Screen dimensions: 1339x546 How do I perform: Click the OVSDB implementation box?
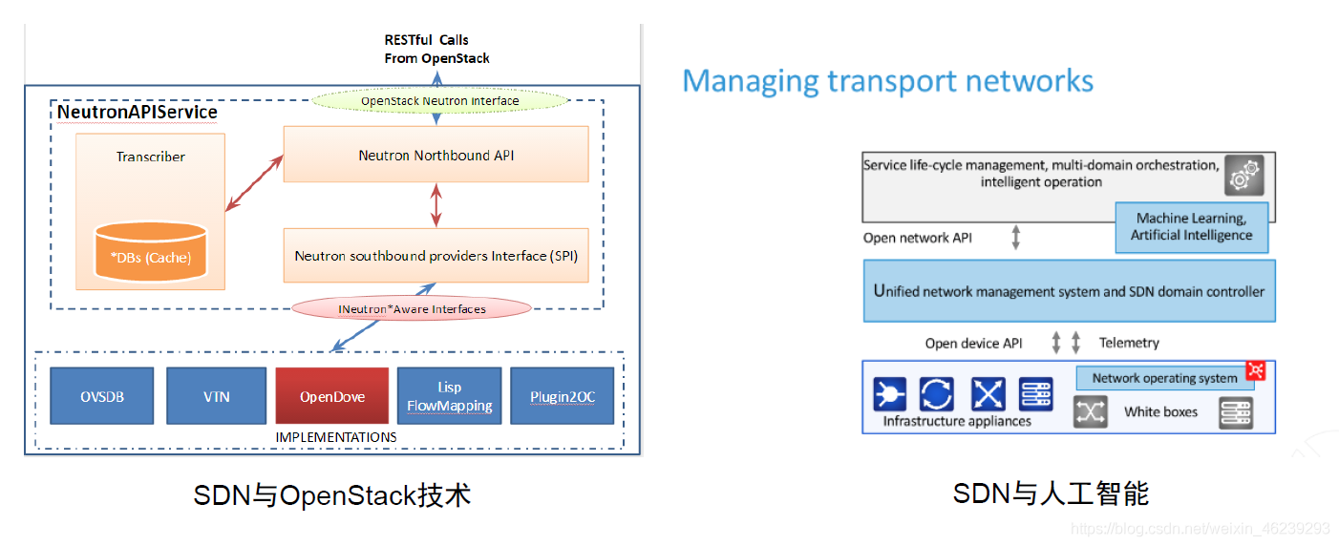[101, 396]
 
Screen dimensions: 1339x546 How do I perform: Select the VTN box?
[217, 396]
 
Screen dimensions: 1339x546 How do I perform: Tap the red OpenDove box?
[331, 396]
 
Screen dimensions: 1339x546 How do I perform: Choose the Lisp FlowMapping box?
[450, 396]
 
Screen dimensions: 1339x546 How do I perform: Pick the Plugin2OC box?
[562, 396]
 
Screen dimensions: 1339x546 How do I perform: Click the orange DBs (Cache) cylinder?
[151, 251]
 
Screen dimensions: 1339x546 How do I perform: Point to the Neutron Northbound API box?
[436, 154]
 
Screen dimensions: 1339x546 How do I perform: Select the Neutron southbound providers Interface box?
[436, 255]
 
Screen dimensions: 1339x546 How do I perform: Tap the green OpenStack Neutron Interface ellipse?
[440, 100]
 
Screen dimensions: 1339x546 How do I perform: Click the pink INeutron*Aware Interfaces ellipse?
[412, 308]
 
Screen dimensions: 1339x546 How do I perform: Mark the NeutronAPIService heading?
[137, 112]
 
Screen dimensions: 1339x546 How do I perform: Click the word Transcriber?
[151, 157]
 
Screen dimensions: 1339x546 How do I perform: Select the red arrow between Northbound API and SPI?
[436, 205]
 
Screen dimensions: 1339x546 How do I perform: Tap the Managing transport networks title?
[887, 81]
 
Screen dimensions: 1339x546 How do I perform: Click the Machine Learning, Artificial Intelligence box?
[1191, 227]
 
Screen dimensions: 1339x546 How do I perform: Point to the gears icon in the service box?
[1243, 175]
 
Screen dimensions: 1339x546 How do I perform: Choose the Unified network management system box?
[1069, 291]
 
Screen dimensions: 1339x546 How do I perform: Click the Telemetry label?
[1129, 343]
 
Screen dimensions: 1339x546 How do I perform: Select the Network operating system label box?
[1164, 378]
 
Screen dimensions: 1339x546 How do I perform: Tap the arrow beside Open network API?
[1015, 237]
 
